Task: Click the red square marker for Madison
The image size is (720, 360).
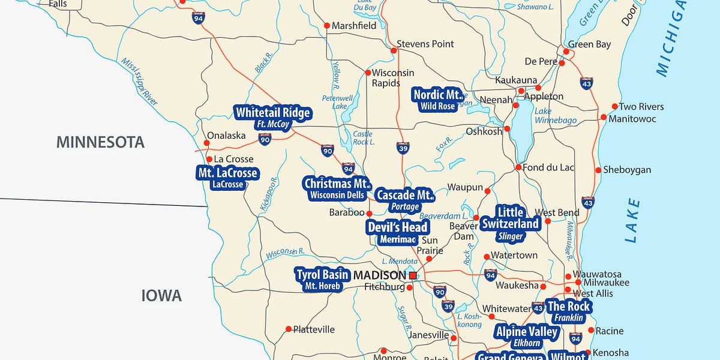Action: point(413,275)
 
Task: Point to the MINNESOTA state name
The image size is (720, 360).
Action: point(100,142)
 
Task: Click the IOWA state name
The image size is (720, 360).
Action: point(161,295)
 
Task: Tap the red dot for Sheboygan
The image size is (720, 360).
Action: point(598,170)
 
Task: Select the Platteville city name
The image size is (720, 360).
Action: point(314,329)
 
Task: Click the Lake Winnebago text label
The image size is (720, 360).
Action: point(555,116)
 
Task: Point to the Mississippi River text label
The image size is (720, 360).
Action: point(139,82)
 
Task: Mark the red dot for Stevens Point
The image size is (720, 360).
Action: point(394,50)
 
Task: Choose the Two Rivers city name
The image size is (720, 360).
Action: point(641,107)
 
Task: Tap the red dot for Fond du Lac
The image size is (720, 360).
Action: point(518,167)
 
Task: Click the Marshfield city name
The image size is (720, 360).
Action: point(354,26)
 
